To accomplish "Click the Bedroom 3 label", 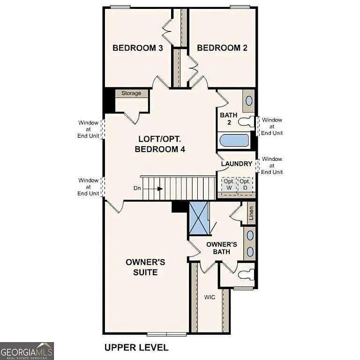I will [x=137, y=48].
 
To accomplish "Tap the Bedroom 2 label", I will [x=222, y=48].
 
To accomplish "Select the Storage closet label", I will [x=131, y=93].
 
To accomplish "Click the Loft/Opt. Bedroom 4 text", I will [x=160, y=144].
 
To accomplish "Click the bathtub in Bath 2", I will [x=234, y=140].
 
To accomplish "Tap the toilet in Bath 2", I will [x=246, y=122].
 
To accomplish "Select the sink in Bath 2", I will [x=249, y=100].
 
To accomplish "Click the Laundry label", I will [x=237, y=164].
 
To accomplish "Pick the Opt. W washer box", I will [x=229, y=184].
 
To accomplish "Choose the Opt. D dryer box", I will [x=245, y=184].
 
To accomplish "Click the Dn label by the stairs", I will [x=137, y=188].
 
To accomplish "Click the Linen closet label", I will [x=251, y=213].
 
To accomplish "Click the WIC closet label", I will [x=210, y=297].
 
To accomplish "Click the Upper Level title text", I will [x=136, y=347].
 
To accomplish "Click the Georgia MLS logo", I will [x=27, y=351].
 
